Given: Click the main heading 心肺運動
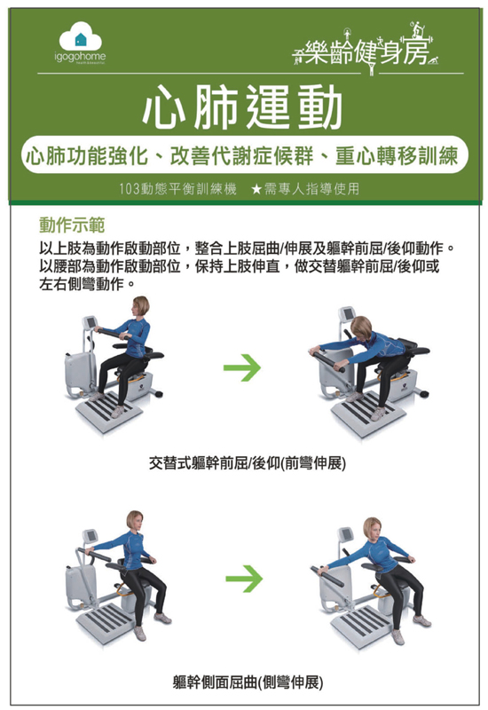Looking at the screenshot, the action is click(242, 106).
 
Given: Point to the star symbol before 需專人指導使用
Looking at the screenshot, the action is click(256, 189).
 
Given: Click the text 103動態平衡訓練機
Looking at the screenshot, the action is click(178, 189).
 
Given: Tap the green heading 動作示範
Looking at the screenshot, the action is click(72, 225).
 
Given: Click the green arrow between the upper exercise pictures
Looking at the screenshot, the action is click(242, 367).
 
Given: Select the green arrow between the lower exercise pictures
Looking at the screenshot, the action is click(244, 579).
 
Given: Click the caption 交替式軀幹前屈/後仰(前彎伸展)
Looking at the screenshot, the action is click(248, 463).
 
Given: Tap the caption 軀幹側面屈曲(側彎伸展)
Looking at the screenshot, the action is click(248, 682).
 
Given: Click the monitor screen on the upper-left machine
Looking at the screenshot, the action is click(91, 322).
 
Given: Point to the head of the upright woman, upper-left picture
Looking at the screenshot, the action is click(140, 307).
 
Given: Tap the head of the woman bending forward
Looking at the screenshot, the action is click(361, 327).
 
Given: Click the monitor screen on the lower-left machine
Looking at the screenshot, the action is click(91, 536).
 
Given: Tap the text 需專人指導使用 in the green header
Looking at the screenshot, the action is click(312, 189).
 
